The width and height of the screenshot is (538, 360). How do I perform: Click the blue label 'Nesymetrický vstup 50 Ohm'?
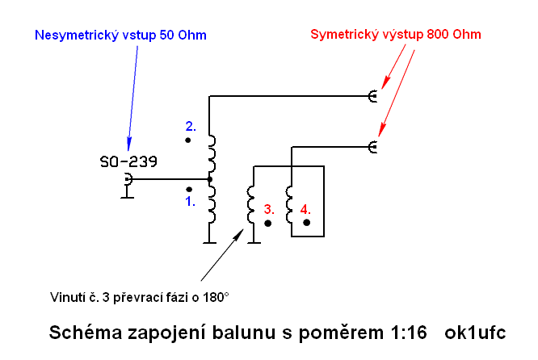coord(121,36)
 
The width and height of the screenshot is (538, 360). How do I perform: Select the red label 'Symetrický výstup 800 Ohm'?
coord(395,35)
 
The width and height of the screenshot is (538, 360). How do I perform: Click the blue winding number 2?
coord(191,126)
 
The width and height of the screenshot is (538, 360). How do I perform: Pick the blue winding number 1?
coord(190,202)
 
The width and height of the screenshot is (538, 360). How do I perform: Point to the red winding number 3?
coord(269,209)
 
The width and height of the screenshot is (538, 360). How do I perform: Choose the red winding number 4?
coord(306,209)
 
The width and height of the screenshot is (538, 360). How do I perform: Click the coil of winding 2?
coord(212,149)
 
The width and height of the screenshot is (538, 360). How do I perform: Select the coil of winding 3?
coord(251,206)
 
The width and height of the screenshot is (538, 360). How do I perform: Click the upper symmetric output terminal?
coord(372,97)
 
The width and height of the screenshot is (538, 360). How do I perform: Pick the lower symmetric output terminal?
coord(372,146)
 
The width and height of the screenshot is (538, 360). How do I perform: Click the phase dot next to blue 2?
coord(187,140)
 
